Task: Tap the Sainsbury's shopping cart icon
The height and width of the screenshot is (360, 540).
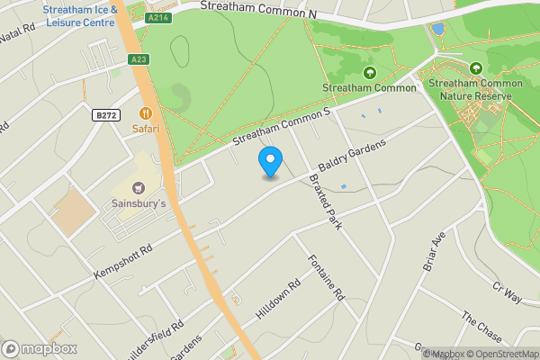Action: (x=138, y=188)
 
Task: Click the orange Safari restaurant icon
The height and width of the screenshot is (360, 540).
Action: (x=145, y=114)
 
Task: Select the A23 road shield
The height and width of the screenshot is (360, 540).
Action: (x=138, y=59)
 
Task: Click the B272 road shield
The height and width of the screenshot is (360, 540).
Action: (x=106, y=114)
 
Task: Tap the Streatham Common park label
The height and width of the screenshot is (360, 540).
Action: (x=369, y=87)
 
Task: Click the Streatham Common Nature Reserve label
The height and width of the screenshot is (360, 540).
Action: (x=475, y=89)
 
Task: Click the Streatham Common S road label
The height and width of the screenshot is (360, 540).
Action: (x=282, y=128)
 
